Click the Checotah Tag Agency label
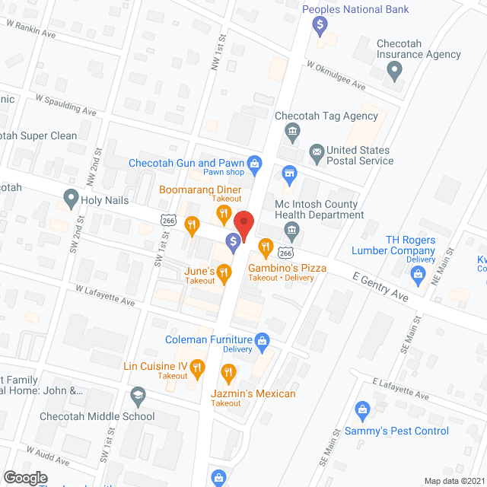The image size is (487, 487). (x=327, y=116)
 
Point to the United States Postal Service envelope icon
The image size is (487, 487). (x=316, y=151)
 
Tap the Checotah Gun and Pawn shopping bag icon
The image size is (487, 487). (x=256, y=162)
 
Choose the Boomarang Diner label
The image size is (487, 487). (x=200, y=189)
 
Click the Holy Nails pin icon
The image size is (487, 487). (x=71, y=200)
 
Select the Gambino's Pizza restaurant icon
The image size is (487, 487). (x=265, y=245)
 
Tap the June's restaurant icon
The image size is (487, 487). (x=223, y=272)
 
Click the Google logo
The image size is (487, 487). (x=25, y=477)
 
